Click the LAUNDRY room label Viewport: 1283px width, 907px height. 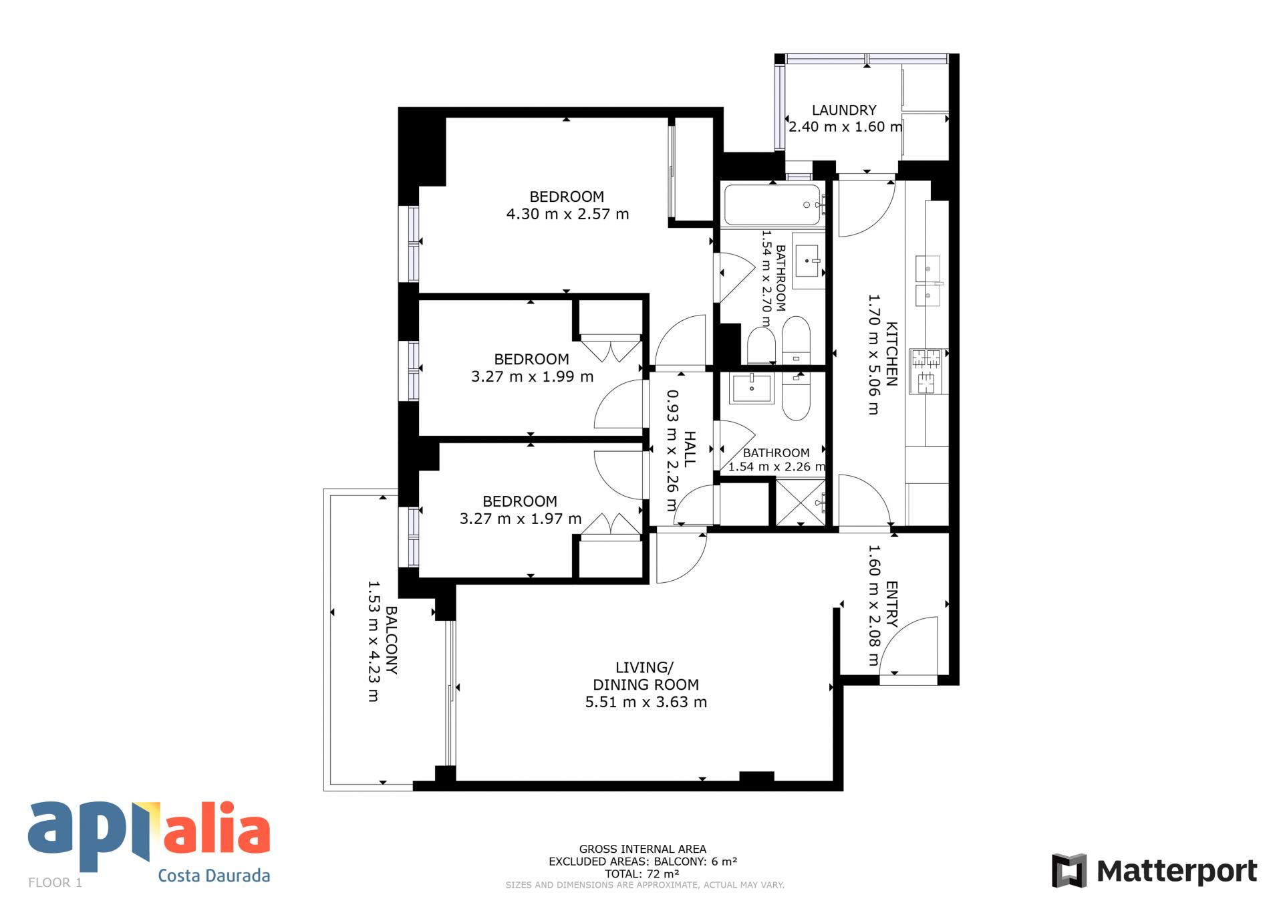pos(844,110)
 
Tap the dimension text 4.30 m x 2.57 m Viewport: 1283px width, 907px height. pos(567,214)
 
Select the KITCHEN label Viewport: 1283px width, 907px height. pos(891,354)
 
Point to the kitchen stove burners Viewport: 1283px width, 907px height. pos(926,372)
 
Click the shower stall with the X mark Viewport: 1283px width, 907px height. pos(799,503)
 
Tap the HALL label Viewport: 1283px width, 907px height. pos(690,449)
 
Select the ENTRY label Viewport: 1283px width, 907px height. pos(891,604)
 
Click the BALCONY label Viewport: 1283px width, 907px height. pos(392,640)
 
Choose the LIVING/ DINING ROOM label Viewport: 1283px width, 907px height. pos(646,676)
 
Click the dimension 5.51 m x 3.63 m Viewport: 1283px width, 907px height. pos(646,702)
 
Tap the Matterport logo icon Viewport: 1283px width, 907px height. pos(1069,870)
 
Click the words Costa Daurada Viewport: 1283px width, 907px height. pos(214,876)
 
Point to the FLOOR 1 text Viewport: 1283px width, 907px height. pos(55,882)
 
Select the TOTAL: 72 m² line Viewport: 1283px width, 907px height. pos(642,874)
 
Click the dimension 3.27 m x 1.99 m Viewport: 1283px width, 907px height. pos(532,376)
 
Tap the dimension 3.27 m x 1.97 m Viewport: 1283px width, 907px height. pos(521,519)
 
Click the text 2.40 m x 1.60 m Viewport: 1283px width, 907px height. pos(845,126)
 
